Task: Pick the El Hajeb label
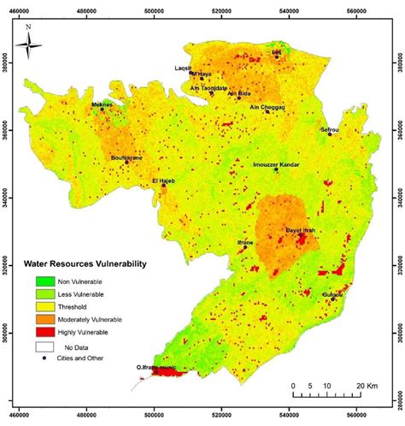(x=163, y=180)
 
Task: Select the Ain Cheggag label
(x=267, y=107)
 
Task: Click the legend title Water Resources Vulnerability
(x=85, y=264)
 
